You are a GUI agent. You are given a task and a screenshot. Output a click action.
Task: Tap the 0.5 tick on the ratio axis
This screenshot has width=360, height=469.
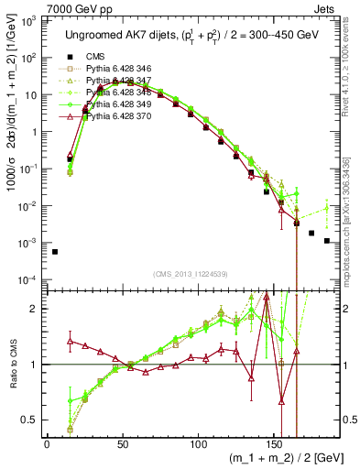[28, 420]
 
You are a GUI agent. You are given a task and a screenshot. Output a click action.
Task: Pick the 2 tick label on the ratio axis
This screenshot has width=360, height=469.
[35, 309]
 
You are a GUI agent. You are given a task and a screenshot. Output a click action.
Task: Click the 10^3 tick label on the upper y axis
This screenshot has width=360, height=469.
[29, 20]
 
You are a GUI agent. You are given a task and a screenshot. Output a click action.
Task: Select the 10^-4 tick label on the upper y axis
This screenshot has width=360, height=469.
[28, 279]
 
